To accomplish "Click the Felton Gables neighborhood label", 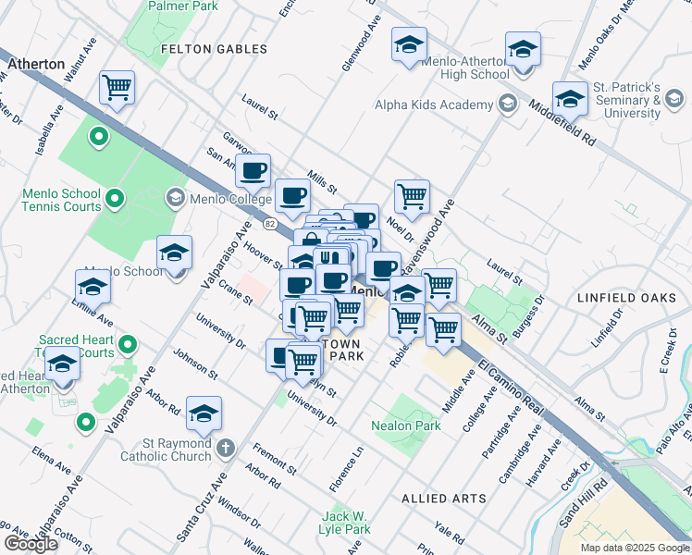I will pos(214,49).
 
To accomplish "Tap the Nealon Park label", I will pos(405,426).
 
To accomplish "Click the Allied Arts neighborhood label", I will pos(444,499).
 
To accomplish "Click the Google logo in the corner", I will pos(31,544).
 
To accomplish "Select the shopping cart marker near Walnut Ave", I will pos(117,88).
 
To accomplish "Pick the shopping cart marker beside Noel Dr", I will pos(412,195).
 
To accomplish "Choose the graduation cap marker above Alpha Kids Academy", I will pos(408,45).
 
